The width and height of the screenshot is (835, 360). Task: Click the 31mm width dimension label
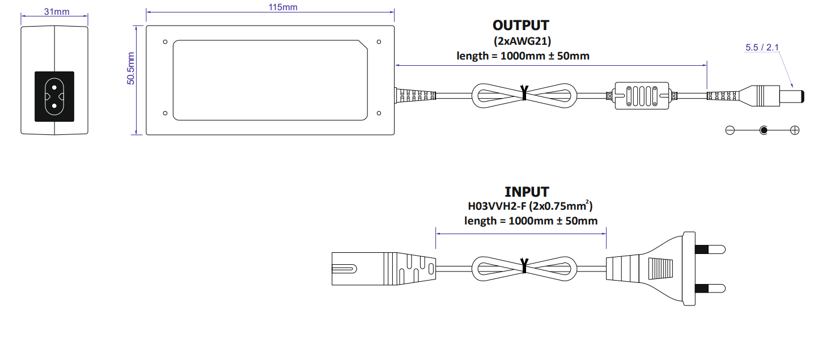54,12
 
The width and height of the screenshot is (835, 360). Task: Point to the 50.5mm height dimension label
131,69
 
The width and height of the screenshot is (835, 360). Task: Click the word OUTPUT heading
520,26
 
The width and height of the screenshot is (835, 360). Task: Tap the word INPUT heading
527,192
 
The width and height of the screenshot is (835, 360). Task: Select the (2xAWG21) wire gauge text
522,41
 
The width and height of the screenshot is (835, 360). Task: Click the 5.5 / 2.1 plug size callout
762,48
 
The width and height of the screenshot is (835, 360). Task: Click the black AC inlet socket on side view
54,96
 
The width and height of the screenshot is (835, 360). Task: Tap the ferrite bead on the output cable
641,96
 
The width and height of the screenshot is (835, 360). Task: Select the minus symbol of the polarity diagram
730,130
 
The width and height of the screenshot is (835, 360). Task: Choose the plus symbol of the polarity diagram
795,130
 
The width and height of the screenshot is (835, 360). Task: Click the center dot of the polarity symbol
764,130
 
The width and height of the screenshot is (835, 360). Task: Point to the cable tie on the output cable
524,94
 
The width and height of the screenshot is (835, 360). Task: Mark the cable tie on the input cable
524,266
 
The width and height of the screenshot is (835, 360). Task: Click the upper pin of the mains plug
711,249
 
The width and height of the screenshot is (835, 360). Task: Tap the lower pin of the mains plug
711,287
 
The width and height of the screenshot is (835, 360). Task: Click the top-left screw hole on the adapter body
165,41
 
